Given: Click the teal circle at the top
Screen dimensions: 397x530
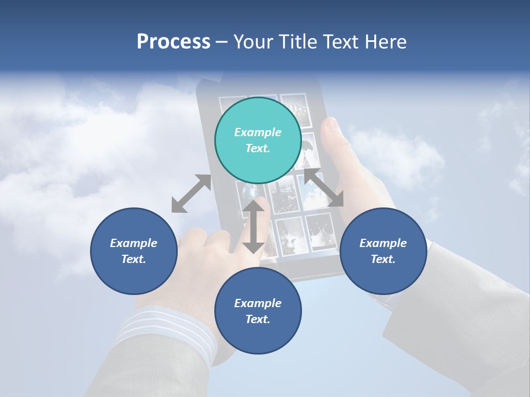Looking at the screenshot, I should [x=258, y=141].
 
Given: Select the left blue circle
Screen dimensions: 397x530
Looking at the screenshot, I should [x=134, y=251].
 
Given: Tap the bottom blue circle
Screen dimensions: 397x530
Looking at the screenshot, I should [x=258, y=311].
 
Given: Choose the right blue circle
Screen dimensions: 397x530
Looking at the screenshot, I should [x=383, y=251].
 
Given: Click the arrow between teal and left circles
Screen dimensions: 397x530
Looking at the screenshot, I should [x=191, y=194].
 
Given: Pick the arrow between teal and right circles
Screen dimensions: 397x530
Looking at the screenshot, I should [x=324, y=187].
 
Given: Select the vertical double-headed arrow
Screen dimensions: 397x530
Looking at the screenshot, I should [x=253, y=226].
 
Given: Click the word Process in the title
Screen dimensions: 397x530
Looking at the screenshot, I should [x=173, y=42].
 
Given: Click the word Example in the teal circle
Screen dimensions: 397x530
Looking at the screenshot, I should [x=258, y=132].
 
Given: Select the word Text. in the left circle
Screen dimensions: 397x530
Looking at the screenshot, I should [x=134, y=259].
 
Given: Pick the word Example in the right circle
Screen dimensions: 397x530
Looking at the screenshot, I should [x=383, y=243].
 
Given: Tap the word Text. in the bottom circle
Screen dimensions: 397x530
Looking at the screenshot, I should [x=258, y=319].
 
